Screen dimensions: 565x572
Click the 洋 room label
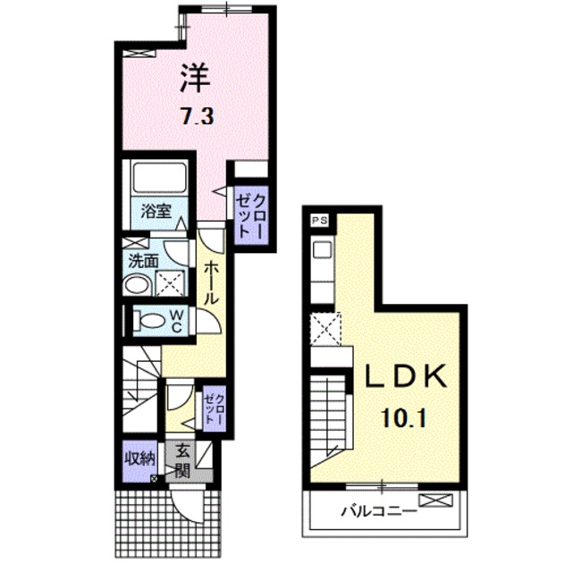pos(196,78)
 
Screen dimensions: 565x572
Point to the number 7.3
pos(198,117)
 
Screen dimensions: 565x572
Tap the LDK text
pos(406,375)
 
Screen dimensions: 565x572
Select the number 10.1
pos(404,418)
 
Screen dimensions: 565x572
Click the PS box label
pos(319,221)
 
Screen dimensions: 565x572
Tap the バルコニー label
pos(378,510)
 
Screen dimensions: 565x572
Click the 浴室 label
pos(156,211)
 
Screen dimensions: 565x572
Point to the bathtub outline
pos(159,178)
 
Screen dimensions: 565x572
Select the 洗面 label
pos(143,261)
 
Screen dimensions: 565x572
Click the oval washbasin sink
pos(136,285)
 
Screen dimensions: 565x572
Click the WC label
pos(177,322)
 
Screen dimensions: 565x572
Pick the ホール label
pos(211,283)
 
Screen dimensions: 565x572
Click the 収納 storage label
pos(140,458)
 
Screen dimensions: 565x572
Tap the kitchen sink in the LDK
pos(322,251)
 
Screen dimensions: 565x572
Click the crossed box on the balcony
pos(436,500)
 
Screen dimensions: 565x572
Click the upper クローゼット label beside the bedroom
pos(250,214)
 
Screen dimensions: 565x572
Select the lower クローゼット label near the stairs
pos(214,409)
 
